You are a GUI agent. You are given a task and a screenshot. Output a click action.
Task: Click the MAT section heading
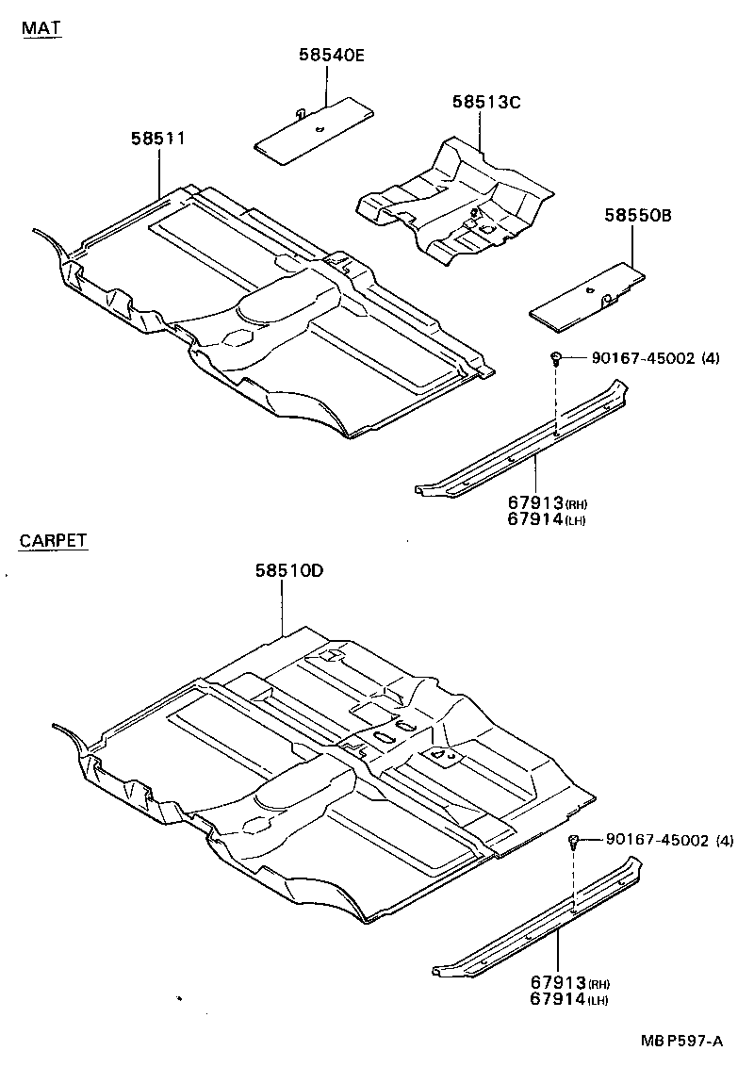point(41,28)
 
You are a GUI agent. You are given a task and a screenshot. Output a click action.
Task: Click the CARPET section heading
point(53,541)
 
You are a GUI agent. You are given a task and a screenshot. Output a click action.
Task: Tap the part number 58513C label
point(484,102)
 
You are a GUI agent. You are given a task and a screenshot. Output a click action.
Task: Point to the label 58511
point(156,140)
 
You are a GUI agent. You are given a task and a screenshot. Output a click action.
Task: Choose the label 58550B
point(637,216)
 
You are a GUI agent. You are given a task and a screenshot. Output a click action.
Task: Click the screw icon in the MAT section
point(557,357)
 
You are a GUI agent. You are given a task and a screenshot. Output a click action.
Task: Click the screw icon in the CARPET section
point(573,840)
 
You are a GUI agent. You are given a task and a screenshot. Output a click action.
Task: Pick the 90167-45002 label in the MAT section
point(643,358)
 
